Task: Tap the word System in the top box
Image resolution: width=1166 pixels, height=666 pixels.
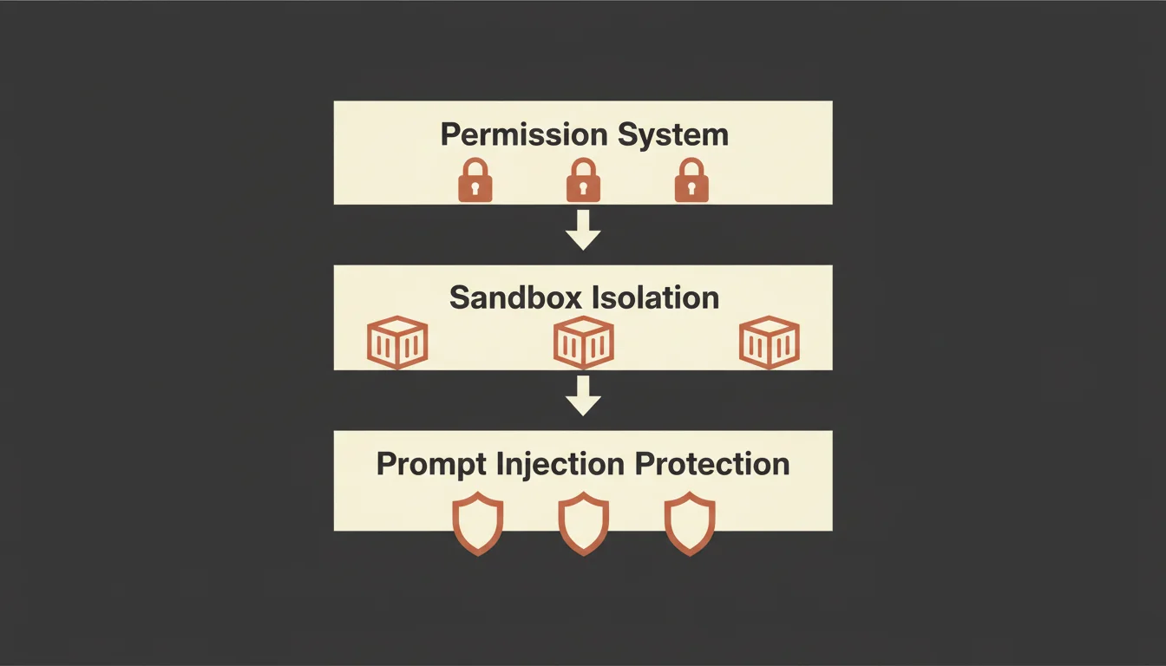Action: coord(673,135)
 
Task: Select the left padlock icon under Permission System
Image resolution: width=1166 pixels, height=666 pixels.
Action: coord(475,181)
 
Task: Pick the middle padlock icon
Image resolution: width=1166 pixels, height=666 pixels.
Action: coord(583,181)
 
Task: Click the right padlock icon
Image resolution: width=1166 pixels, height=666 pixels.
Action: coord(691,181)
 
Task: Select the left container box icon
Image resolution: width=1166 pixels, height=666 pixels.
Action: coord(398,342)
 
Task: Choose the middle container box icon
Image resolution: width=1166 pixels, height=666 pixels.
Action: coord(583,342)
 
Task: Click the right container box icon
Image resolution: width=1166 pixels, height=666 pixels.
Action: coord(769,342)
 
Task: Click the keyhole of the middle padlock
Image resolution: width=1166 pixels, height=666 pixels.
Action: coord(583,186)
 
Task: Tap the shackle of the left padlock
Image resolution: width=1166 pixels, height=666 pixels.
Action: coord(475,166)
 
